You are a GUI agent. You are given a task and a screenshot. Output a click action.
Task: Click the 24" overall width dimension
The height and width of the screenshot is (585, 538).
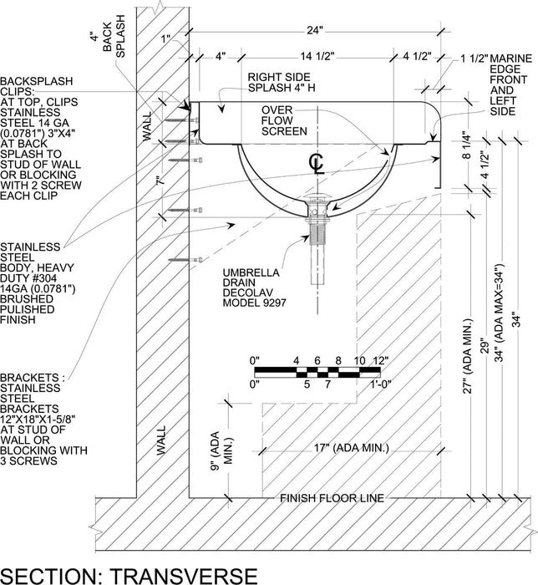coord(313,32)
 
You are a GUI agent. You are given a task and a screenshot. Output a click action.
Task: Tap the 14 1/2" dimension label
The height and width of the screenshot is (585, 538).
coord(314,58)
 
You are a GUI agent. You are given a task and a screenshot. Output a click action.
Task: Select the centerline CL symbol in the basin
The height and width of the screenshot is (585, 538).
coord(315,160)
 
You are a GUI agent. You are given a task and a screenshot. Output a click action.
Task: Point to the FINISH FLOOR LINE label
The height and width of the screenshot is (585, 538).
coord(332,498)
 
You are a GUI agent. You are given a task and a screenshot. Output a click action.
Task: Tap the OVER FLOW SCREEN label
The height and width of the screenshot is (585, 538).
coord(283,120)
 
